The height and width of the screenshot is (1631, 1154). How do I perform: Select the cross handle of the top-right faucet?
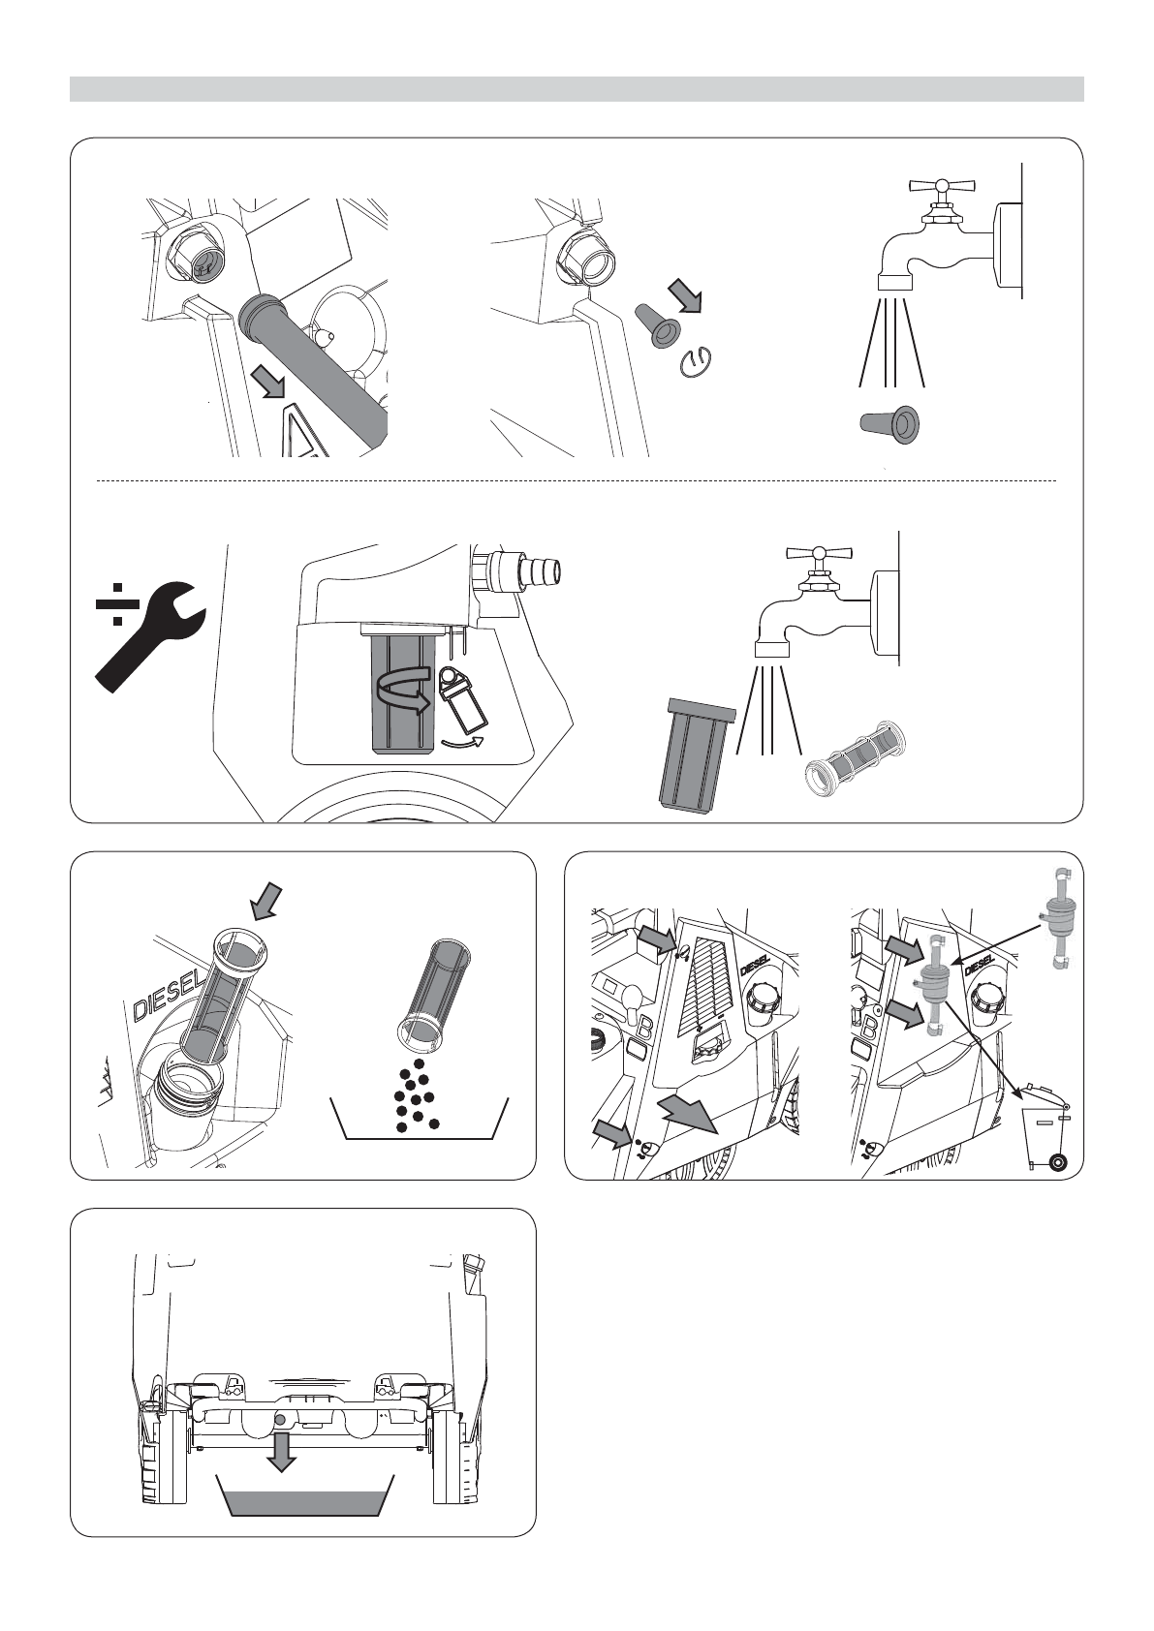(941, 186)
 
